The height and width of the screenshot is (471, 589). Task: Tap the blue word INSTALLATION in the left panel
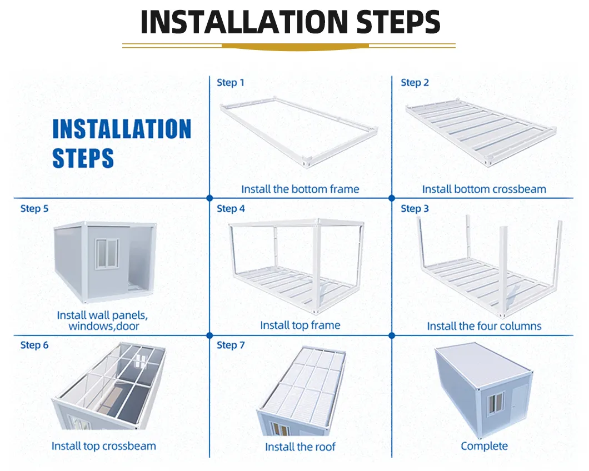[122, 129]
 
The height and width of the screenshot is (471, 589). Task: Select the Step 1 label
[230, 83]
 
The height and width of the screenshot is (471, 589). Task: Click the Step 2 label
[415, 83]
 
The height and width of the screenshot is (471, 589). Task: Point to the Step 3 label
[415, 209]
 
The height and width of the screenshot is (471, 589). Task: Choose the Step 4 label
[230, 209]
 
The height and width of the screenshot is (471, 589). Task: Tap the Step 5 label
[34, 209]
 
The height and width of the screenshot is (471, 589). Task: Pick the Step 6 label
[34, 345]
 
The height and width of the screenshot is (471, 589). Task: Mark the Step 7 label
[230, 345]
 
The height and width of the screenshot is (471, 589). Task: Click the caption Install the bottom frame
[300, 189]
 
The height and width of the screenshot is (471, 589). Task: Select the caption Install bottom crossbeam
[484, 189]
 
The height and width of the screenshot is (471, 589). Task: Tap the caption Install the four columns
[484, 326]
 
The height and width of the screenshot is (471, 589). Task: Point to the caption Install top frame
[300, 325]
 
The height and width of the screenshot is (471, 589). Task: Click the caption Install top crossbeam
[104, 446]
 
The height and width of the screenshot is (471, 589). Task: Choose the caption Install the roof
[300, 447]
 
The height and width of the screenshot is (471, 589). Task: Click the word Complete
[484, 446]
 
